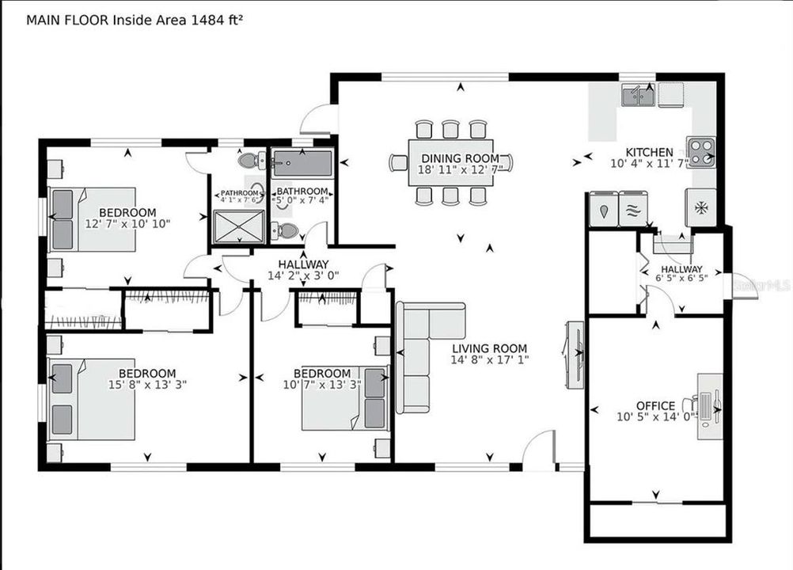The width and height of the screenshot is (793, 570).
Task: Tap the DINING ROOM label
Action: pyautogui.click(x=460, y=158)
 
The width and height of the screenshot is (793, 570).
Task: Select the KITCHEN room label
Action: pyautogui.click(x=649, y=152)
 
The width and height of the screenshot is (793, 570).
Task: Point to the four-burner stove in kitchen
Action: pyautogui.click(x=701, y=152)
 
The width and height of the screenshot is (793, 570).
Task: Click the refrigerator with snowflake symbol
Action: pyautogui.click(x=700, y=207)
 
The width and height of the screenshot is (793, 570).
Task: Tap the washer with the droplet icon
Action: pyautogui.click(x=604, y=210)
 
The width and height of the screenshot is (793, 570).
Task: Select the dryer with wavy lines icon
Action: pyautogui.click(x=633, y=210)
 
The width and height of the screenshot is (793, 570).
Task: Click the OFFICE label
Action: pyautogui.click(x=656, y=405)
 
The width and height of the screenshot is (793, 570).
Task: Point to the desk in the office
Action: pyautogui.click(x=709, y=407)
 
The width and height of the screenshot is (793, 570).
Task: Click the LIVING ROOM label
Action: pyautogui.click(x=489, y=348)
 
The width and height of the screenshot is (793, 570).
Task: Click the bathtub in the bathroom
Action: pyautogui.click(x=302, y=165)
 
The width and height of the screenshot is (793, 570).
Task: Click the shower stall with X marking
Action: pyautogui.click(x=240, y=226)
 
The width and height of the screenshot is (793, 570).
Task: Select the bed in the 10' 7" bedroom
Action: pyautogui.click(x=344, y=398)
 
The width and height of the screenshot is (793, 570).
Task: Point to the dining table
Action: pyautogui.click(x=450, y=162)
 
